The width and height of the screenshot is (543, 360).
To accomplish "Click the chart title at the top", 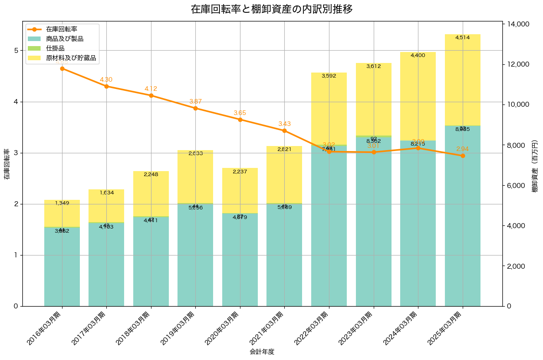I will coord(271,9).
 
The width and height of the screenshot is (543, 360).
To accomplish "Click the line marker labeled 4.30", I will coord(106,86).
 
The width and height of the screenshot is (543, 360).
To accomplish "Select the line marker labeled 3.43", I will coord(284,130).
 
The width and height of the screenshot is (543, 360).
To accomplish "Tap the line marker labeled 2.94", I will coord(463,156).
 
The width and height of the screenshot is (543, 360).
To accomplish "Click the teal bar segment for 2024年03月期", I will coord(418,224).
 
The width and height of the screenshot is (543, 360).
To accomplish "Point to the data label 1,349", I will coord(62,203).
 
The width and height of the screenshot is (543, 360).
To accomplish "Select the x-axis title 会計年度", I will coord(262,352).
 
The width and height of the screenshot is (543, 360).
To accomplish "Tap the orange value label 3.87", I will coord(195,101).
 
